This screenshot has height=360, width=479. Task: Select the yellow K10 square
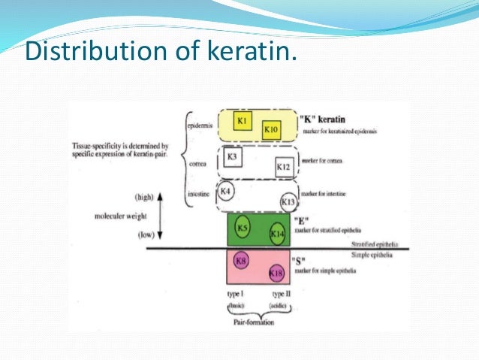271,129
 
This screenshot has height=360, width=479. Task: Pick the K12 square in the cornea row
283,165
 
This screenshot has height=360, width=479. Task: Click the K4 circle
227,192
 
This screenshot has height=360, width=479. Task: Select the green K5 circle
243,227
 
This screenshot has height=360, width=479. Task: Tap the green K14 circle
276,234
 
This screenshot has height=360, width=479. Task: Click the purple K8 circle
241,261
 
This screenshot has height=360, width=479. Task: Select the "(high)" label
144,197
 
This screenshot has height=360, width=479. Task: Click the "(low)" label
146,234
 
